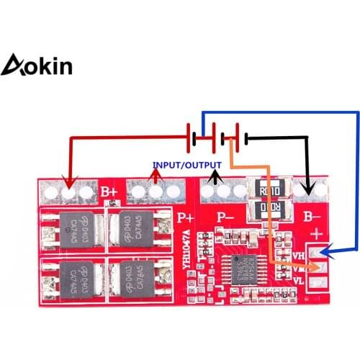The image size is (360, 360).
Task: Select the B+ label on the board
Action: (x=109, y=192)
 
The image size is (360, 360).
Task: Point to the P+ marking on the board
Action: (x=184, y=216)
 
